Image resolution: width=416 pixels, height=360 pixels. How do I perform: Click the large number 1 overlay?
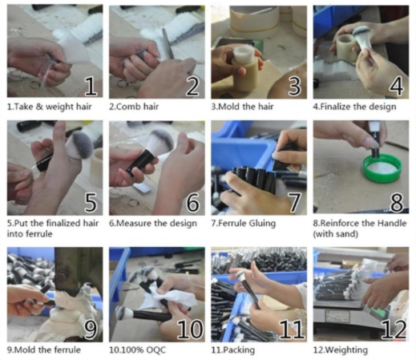pos(91,86)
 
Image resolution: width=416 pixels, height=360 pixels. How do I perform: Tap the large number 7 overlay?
pos(295,202)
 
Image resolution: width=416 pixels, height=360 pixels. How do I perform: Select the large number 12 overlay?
pos(394,329)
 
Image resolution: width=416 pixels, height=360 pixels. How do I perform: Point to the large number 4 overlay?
pos(396,86)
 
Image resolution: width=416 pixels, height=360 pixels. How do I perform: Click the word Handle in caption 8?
pos(392,223)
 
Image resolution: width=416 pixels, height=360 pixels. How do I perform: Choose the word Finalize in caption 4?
pos(335,107)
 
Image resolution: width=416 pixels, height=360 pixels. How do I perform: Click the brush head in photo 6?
pos(161,140)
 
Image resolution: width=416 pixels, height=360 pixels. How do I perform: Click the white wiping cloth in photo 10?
pos(172,296)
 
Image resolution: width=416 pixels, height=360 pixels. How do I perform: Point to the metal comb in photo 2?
pos(168,43)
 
